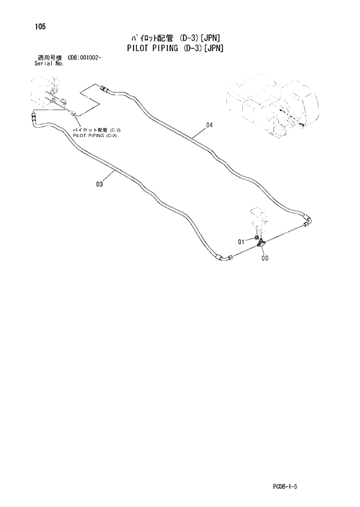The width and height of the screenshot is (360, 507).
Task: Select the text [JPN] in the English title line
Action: coord(212,49)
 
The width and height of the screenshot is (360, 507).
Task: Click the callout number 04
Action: coord(210,125)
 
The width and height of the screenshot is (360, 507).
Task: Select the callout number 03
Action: coord(100,185)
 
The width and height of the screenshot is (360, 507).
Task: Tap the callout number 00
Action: coord(265,259)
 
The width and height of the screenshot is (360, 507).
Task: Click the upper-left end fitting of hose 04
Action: coord(105,89)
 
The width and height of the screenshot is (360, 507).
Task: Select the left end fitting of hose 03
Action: coord(33,118)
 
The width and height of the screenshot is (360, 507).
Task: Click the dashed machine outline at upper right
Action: coord(273,105)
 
